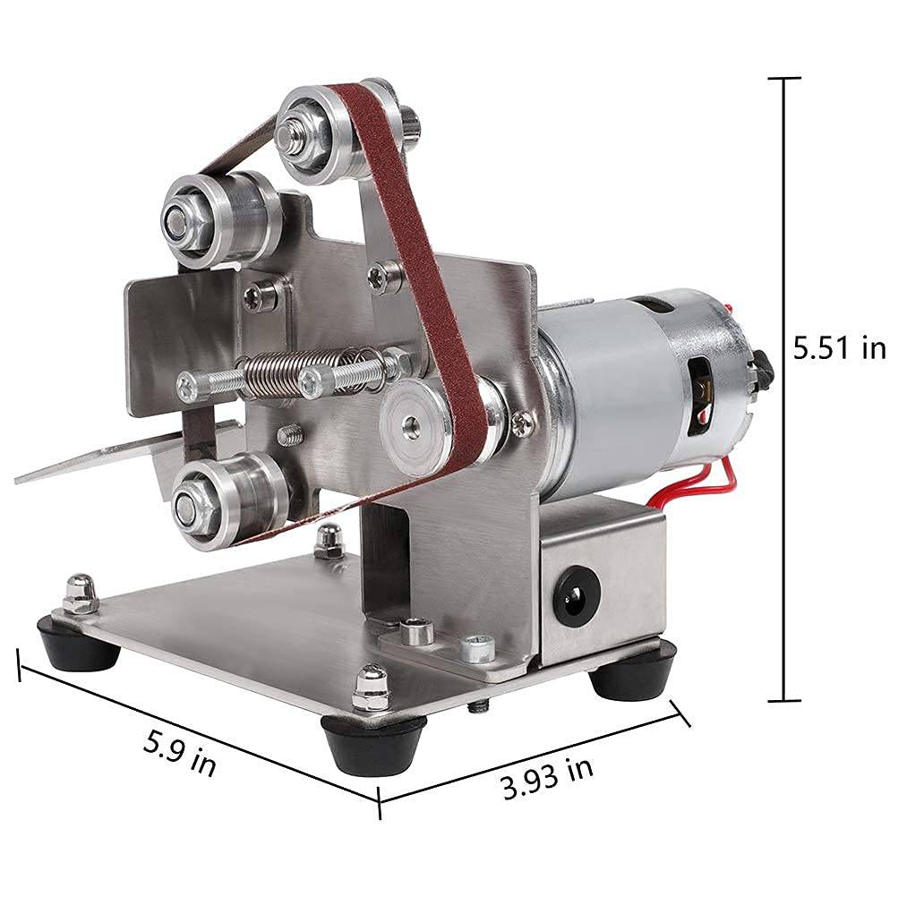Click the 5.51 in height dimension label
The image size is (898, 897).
(x=839, y=347)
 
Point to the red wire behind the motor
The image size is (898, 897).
(x=716, y=479)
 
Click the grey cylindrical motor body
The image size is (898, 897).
(x=627, y=394)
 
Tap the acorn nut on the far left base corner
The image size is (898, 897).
(x=81, y=594)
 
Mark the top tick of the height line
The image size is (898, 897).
(x=785, y=79)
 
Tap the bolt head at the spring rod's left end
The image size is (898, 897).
(x=187, y=387)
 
